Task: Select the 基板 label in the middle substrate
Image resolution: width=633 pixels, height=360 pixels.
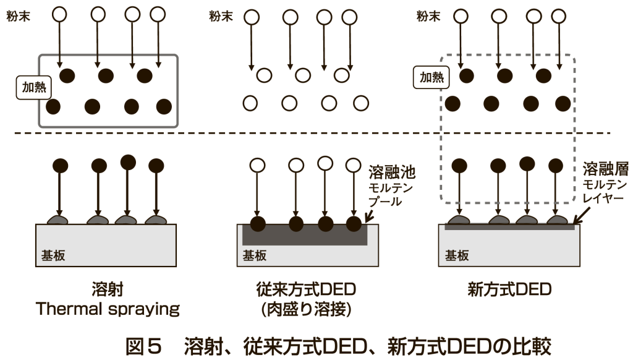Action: point(255,254)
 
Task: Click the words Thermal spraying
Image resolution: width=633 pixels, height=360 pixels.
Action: point(107,309)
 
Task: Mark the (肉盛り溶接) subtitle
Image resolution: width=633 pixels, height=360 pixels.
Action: point(307,309)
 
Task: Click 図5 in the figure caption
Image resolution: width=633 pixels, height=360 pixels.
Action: point(143,342)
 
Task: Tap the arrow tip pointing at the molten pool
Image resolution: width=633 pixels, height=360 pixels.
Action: point(368,220)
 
